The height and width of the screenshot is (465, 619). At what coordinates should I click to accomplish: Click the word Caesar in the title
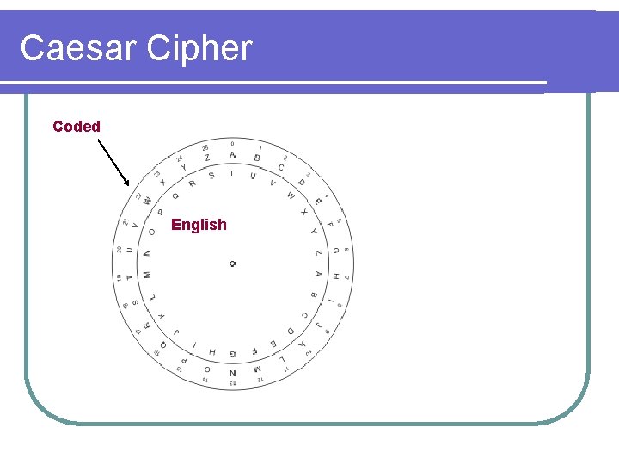tap(78, 48)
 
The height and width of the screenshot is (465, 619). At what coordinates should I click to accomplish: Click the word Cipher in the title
tap(199, 48)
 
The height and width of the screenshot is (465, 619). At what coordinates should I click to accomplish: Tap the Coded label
tap(77, 127)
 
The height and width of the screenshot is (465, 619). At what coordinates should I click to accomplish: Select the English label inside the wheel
tap(199, 225)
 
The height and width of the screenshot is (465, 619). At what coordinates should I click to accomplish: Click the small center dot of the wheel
tap(232, 263)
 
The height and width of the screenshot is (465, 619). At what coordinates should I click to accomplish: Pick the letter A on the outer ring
tap(232, 155)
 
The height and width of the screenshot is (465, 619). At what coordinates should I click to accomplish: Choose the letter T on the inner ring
tap(231, 173)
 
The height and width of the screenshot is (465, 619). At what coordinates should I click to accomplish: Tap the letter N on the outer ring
tap(232, 373)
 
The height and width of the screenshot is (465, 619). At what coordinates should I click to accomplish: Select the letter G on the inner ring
tap(211, 351)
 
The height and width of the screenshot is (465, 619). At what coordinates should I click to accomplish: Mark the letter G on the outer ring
tap(334, 251)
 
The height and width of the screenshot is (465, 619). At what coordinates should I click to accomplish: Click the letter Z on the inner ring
tap(318, 252)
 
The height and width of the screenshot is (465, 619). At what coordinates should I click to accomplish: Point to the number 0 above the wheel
tap(232, 143)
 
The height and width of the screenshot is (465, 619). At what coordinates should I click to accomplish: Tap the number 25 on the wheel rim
tap(205, 147)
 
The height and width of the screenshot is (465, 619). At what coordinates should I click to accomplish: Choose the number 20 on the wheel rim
tap(119, 250)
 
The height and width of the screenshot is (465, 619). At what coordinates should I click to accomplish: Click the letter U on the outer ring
tap(130, 251)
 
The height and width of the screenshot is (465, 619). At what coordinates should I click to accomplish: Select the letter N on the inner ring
tap(146, 253)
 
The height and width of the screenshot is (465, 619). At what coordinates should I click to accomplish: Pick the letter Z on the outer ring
tap(207, 158)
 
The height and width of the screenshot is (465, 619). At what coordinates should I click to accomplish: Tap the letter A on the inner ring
tap(318, 274)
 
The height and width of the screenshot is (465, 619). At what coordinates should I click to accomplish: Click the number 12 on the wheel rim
tap(258, 378)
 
